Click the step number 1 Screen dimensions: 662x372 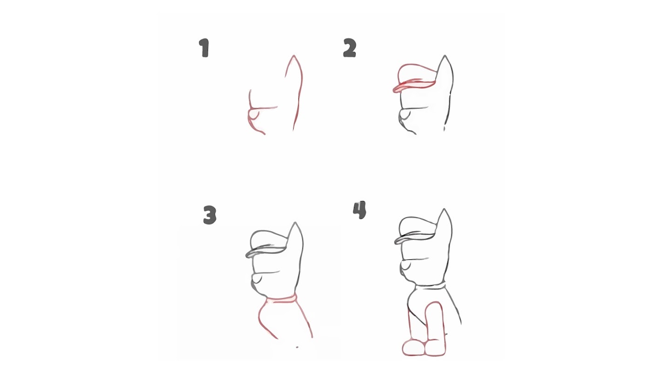tap(204, 48)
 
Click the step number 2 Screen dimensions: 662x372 tap(350, 47)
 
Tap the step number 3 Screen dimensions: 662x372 tap(210, 215)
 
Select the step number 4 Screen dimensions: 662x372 tap(360, 210)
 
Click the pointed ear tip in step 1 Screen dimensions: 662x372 tap(293, 56)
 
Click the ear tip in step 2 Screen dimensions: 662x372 tap(445, 56)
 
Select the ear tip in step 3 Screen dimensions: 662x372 tap(295, 224)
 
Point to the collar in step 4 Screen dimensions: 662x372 tap(430, 286)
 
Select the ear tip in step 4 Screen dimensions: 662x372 tap(444, 210)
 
